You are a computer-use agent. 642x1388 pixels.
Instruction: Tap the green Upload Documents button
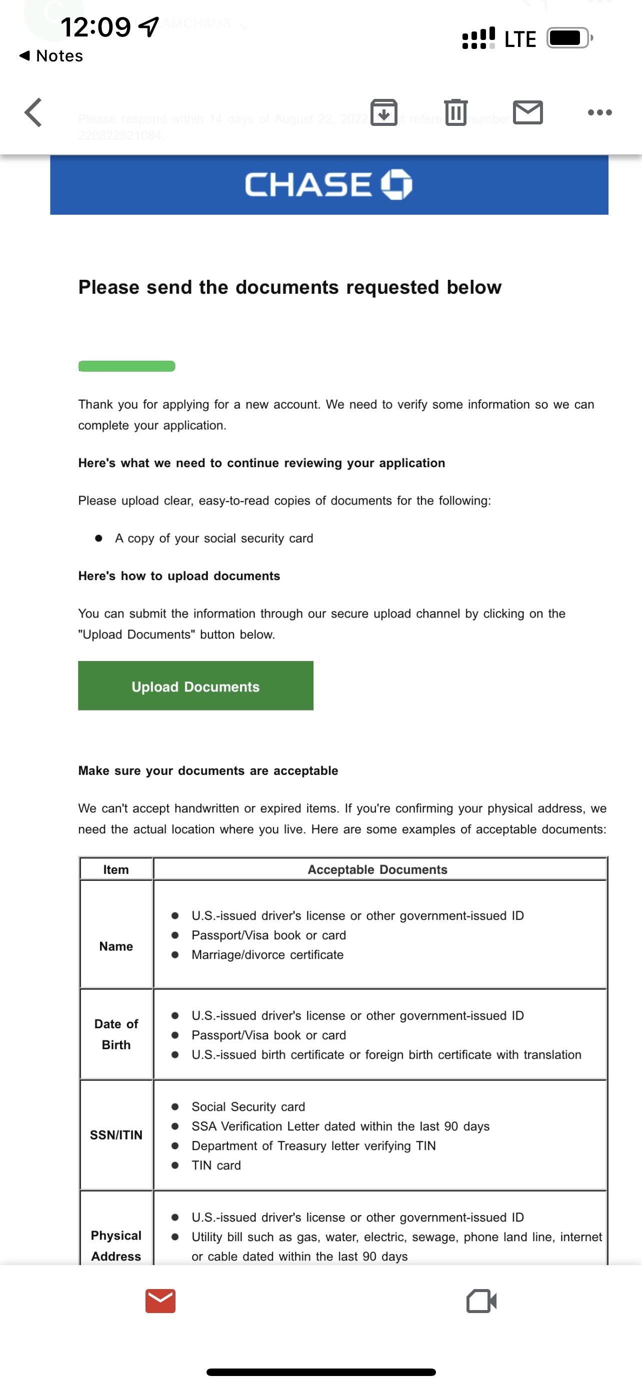(x=195, y=686)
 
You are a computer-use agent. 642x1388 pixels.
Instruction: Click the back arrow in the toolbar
(x=33, y=112)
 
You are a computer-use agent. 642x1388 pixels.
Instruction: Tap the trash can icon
(x=455, y=112)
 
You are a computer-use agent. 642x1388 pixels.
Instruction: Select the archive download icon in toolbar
(x=384, y=112)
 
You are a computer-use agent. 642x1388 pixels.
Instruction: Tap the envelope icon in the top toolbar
(x=527, y=112)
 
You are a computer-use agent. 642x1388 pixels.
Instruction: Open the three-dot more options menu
(x=599, y=112)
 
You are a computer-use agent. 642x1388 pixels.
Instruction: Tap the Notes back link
(x=51, y=56)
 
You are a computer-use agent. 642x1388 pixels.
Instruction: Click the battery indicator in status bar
(x=568, y=38)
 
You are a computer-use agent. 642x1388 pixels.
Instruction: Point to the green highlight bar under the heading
(x=126, y=366)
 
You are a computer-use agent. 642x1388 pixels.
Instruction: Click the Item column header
(x=116, y=869)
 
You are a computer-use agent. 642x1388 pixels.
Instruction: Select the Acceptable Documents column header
(x=377, y=869)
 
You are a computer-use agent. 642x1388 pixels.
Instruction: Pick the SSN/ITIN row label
(x=116, y=1135)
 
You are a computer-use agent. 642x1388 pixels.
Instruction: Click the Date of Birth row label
(x=116, y=1034)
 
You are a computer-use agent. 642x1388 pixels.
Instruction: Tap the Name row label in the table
(x=116, y=946)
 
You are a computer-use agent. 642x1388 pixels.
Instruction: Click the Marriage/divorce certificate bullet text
(x=267, y=955)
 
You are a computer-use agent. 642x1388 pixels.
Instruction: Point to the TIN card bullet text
(x=216, y=1165)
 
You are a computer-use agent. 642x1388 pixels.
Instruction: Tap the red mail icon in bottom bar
(x=160, y=1301)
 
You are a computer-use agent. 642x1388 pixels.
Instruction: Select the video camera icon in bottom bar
(x=481, y=1301)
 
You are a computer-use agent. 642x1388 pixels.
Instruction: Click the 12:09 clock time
(x=96, y=27)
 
